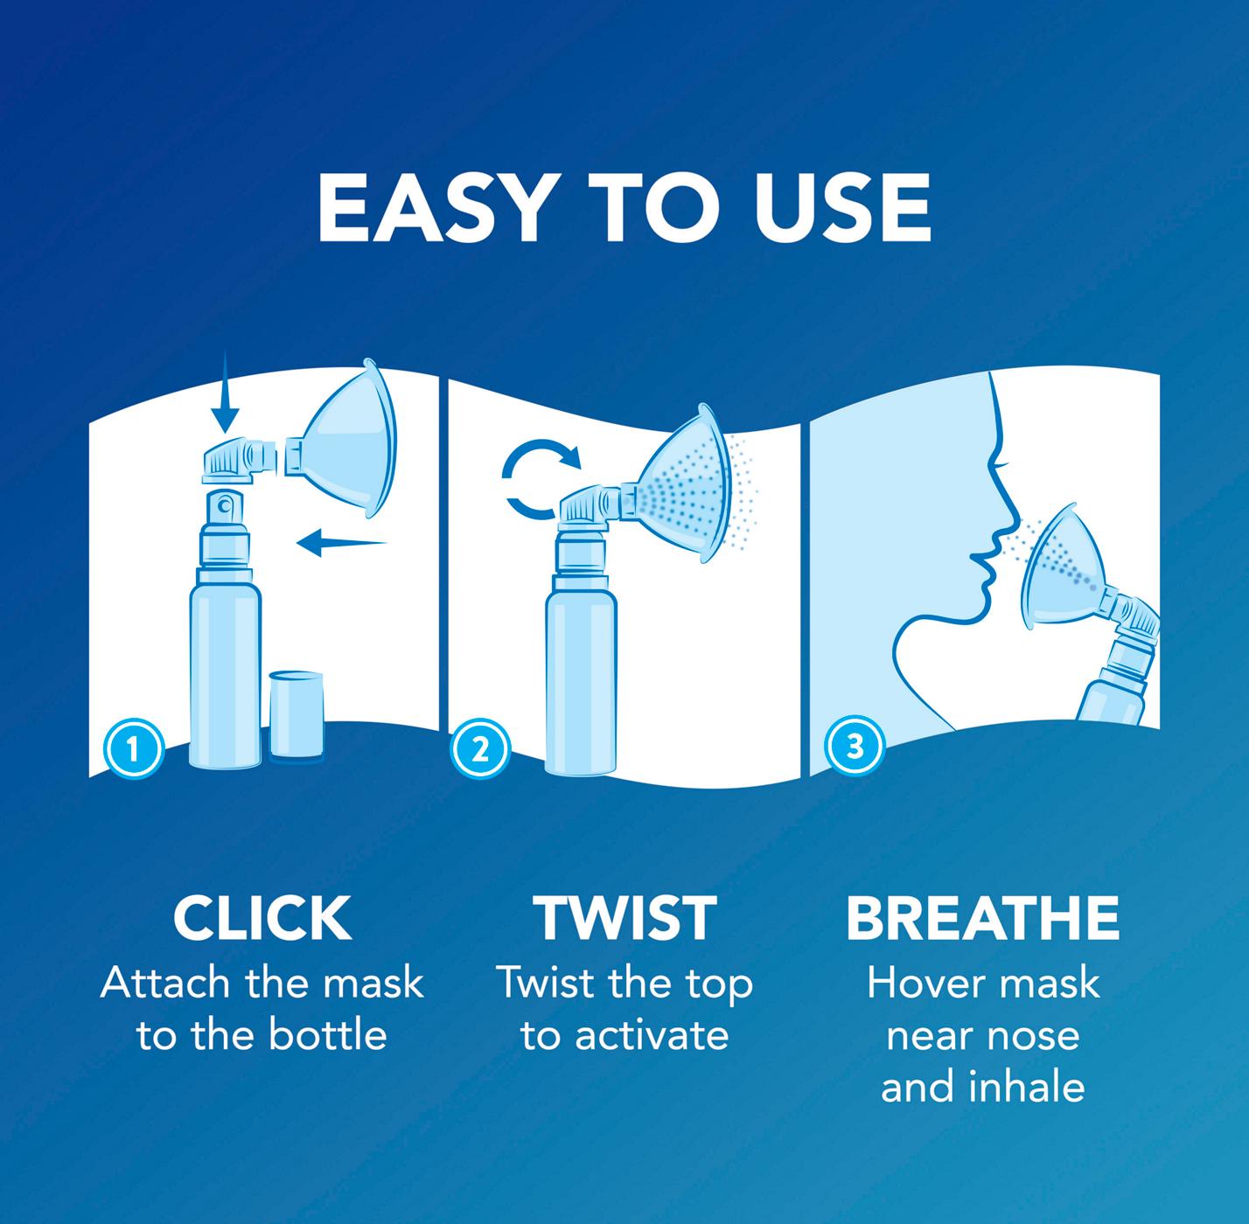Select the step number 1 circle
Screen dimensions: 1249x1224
(x=134, y=749)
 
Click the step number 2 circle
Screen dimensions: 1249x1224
(x=480, y=749)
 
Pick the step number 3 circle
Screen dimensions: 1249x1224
(x=855, y=746)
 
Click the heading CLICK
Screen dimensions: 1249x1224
(x=262, y=918)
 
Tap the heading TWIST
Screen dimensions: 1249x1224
(x=624, y=918)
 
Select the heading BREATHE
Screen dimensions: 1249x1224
(x=982, y=918)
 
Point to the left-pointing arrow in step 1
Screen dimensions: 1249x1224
(x=341, y=542)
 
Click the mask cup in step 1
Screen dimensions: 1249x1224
(x=350, y=441)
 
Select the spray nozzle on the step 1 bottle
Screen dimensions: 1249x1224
(x=224, y=510)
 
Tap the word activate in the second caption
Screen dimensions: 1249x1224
(x=652, y=1035)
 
